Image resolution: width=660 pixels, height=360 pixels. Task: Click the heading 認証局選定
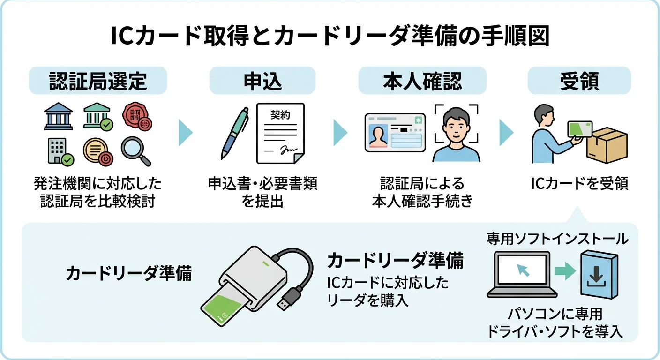(x=98, y=81)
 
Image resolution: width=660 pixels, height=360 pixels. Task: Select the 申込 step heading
(x=262, y=81)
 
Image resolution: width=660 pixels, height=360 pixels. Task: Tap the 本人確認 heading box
(x=422, y=81)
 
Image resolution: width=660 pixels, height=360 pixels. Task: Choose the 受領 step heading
(x=579, y=81)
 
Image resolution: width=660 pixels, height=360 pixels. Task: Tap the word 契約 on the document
(x=280, y=115)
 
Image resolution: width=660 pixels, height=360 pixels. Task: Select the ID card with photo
(x=395, y=133)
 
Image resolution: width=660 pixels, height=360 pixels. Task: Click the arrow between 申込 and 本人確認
(x=340, y=133)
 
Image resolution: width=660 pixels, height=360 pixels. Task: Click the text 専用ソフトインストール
(x=557, y=239)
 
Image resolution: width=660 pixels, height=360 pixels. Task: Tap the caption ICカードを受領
(x=579, y=184)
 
